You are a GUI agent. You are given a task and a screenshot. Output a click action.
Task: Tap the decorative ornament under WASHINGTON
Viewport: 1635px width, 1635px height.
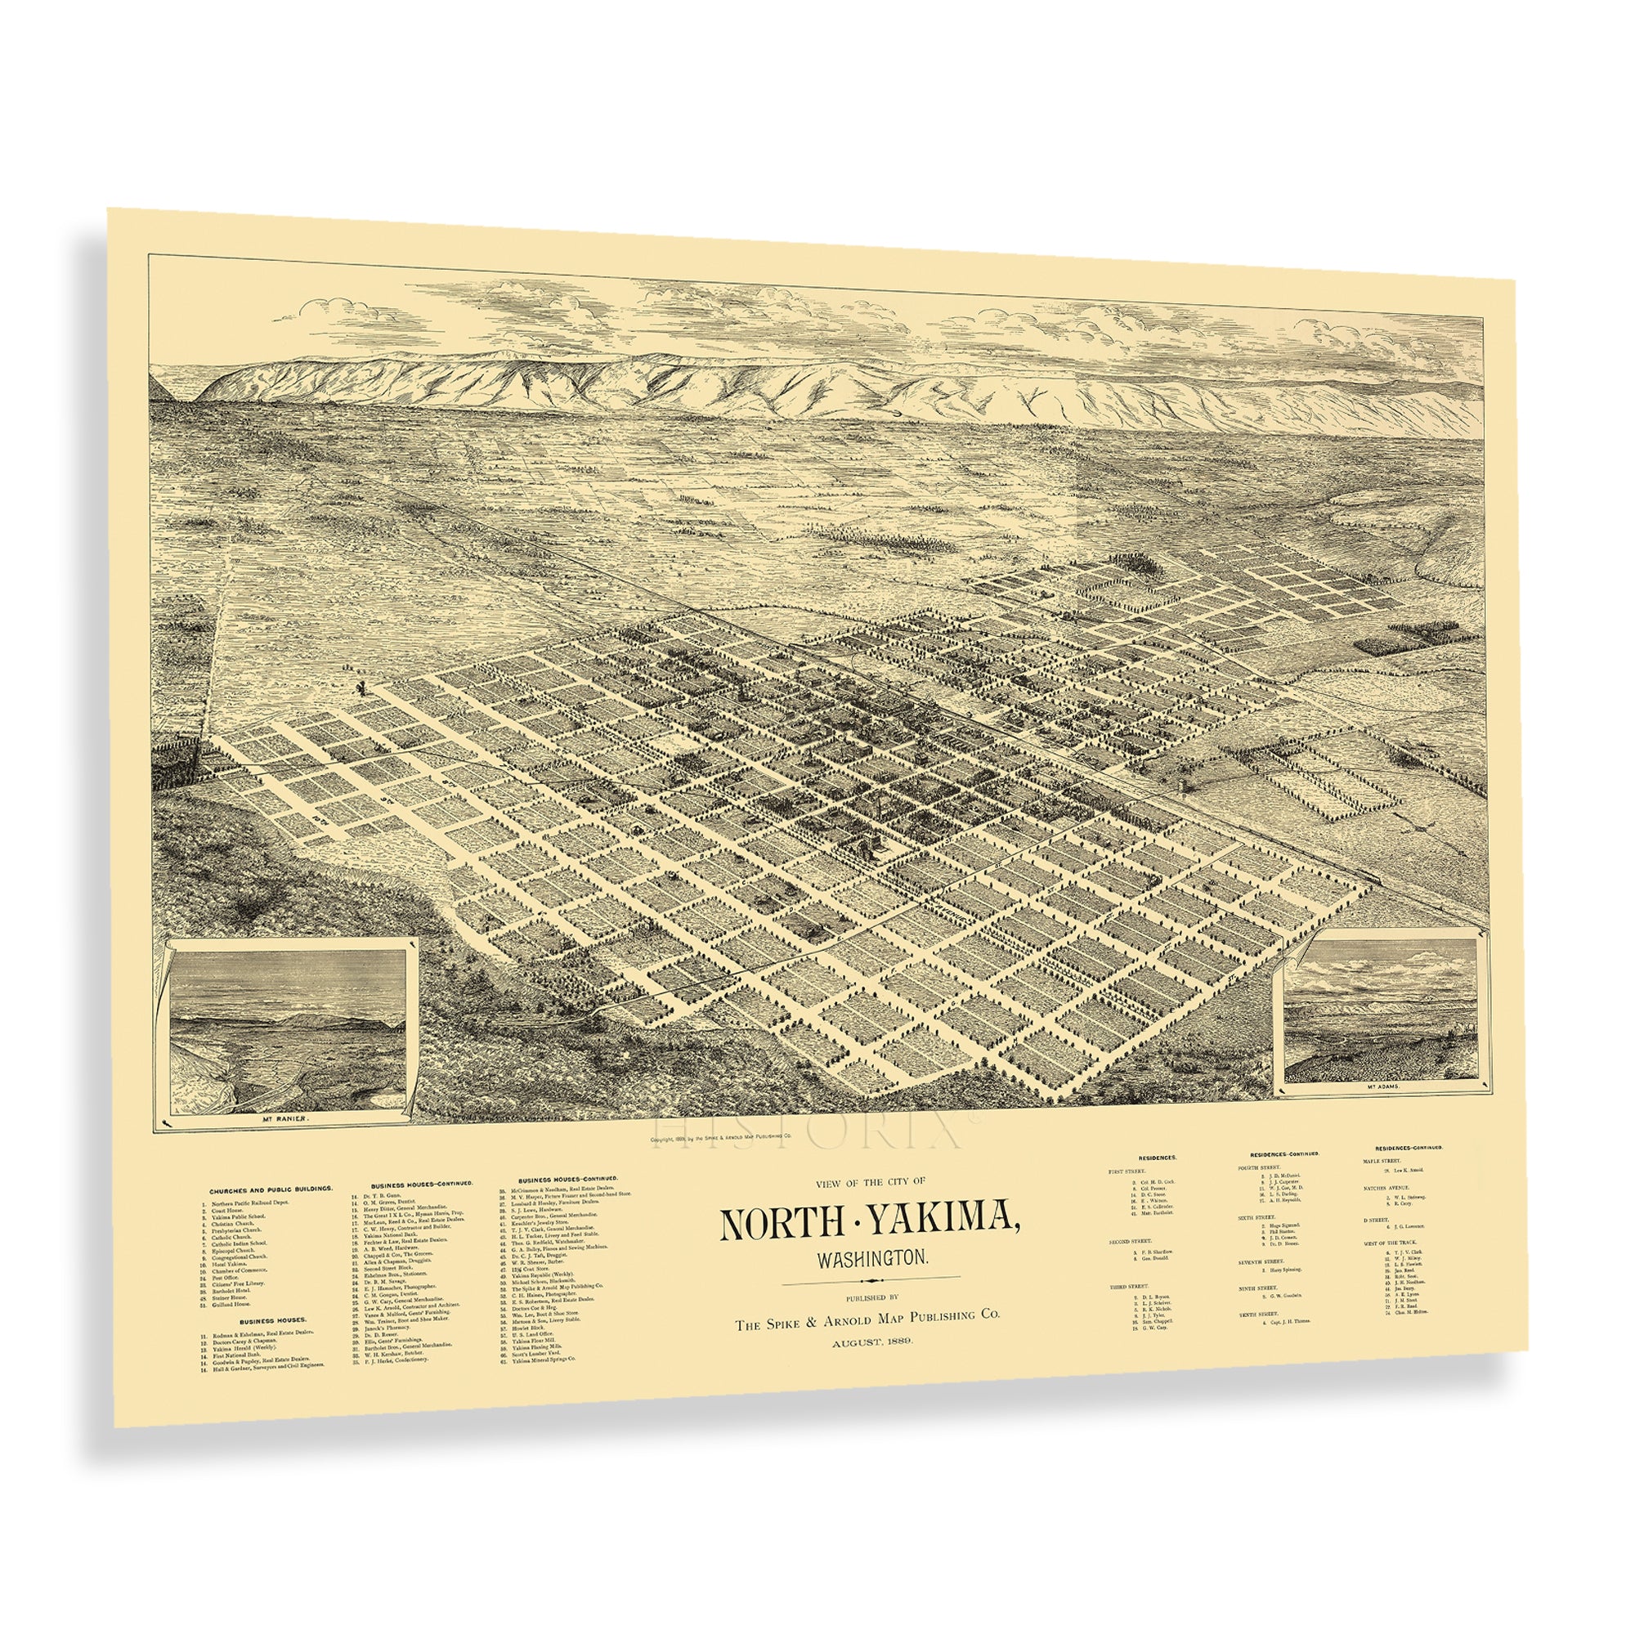(x=871, y=1301)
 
